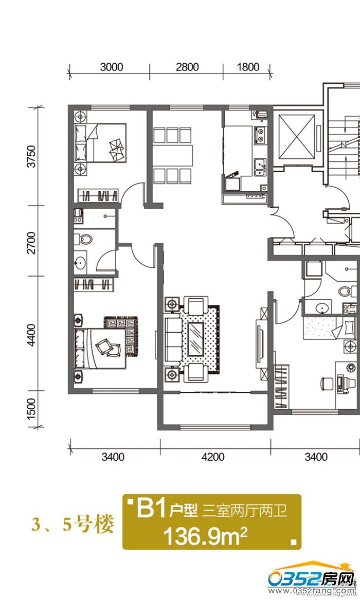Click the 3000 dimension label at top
(111, 67)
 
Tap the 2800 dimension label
(187, 67)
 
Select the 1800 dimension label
(248, 67)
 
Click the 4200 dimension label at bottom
(213, 457)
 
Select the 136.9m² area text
(206, 536)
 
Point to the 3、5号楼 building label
(73, 524)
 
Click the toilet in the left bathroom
(83, 240)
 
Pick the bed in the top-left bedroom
(101, 143)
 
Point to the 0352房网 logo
(311, 580)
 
